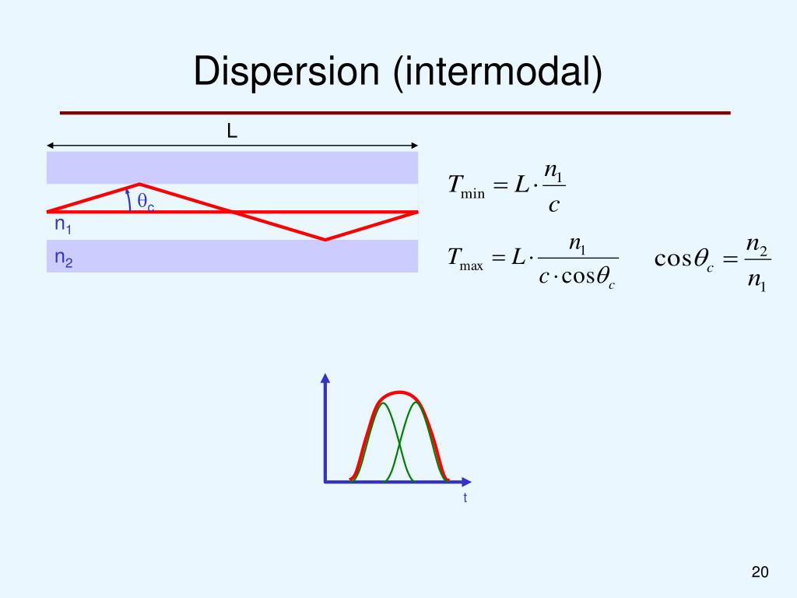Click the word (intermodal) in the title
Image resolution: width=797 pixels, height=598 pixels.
point(498,72)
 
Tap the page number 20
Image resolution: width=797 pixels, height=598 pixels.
point(760,573)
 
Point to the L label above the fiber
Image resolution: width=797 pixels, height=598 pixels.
point(232,132)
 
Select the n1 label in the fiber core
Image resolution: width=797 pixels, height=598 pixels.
point(63,227)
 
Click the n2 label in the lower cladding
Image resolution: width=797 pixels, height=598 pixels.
point(63,259)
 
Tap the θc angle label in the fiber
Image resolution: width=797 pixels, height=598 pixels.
point(146,201)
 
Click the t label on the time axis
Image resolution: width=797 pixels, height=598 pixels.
point(465,498)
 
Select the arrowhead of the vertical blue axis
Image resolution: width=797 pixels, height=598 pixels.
point(325,378)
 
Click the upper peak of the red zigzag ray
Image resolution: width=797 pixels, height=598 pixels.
point(139,185)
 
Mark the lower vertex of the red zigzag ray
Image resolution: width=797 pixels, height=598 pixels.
point(325,239)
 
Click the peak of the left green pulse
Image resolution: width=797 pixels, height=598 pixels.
point(383,403)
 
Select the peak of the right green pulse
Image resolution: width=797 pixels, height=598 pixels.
point(416,403)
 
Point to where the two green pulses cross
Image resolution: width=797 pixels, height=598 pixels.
point(399,445)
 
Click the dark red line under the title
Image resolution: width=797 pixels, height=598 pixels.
point(395,113)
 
